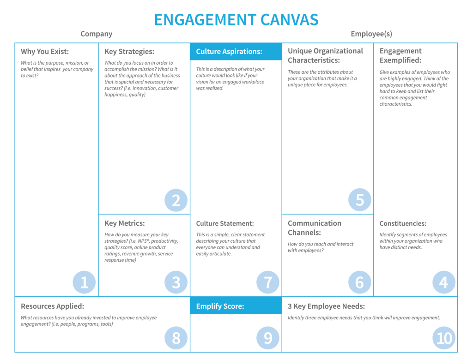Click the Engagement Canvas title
(x=236, y=20)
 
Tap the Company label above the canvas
(x=96, y=34)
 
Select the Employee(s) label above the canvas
(x=371, y=34)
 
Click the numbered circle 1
(x=84, y=282)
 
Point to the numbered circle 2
(x=176, y=200)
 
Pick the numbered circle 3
(x=176, y=282)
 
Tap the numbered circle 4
(x=443, y=282)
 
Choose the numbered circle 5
(x=360, y=200)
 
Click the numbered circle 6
(x=360, y=282)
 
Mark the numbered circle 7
(x=268, y=282)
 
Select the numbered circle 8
(x=176, y=338)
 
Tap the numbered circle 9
(x=268, y=338)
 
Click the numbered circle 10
(x=443, y=338)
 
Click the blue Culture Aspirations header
(x=236, y=52)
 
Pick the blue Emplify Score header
(x=236, y=306)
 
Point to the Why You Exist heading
(x=45, y=52)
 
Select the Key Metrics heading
(x=125, y=223)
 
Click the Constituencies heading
(x=403, y=223)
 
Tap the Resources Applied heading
(x=53, y=306)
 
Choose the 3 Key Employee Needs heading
(x=326, y=306)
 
